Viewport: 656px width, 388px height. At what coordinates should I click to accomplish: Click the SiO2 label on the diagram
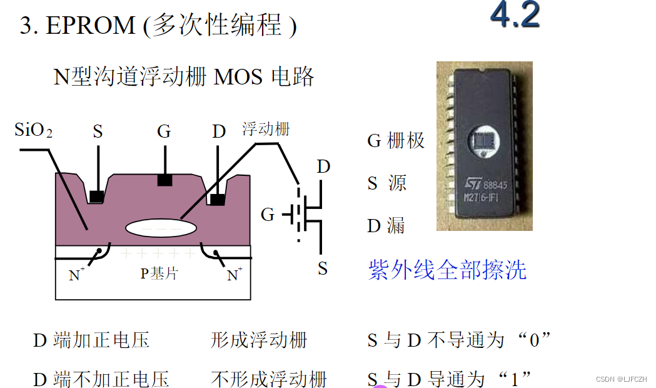point(33,131)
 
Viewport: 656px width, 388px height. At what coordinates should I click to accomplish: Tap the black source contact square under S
point(96,197)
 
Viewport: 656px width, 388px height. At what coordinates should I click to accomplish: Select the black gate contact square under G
point(164,180)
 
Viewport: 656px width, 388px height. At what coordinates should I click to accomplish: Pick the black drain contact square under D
point(218,199)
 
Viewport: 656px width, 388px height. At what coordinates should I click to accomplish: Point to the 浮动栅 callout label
point(266,130)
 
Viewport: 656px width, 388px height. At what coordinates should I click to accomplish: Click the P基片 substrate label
point(159,273)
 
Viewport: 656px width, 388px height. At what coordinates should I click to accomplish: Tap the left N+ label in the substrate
point(77,275)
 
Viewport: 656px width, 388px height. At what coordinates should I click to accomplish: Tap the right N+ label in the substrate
point(235,275)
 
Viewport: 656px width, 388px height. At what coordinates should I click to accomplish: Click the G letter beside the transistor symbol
point(268,215)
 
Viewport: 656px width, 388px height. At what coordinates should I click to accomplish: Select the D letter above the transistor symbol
point(323,167)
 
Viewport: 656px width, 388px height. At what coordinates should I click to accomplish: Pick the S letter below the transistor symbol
point(323,269)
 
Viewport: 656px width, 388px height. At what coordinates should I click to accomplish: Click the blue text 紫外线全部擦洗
point(447,270)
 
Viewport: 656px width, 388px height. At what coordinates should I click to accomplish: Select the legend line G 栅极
point(396,141)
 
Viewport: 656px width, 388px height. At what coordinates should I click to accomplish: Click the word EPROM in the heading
point(91,26)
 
